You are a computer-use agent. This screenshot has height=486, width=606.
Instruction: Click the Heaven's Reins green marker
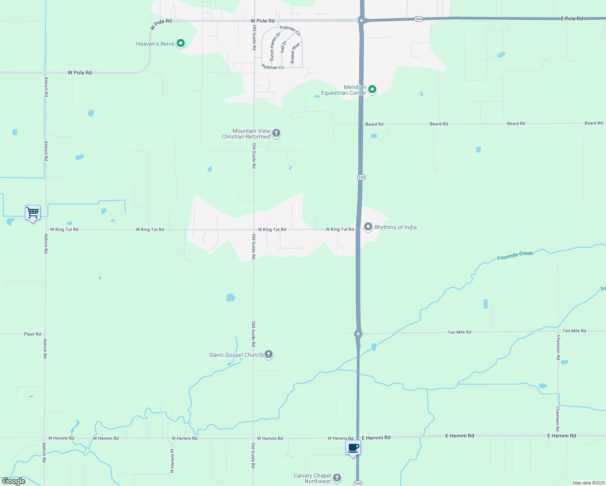[181, 43]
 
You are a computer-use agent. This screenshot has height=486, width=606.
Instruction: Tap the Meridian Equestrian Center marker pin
[372, 89]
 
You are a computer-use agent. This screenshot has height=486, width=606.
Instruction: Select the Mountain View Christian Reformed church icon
[276, 133]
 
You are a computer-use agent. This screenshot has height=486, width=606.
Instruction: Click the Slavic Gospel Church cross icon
[268, 354]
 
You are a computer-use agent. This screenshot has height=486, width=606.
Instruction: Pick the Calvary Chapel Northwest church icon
[337, 478]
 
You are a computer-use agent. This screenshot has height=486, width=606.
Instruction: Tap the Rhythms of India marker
[368, 227]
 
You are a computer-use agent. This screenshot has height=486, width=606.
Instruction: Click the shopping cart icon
[32, 212]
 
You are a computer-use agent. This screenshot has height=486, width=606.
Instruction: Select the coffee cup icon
[353, 448]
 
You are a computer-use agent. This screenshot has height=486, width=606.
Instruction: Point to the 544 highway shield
[418, 19]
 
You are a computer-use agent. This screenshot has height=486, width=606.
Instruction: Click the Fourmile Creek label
[515, 256]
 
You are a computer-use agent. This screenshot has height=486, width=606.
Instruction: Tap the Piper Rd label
[32, 334]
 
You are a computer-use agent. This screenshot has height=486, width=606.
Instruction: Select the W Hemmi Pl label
[172, 461]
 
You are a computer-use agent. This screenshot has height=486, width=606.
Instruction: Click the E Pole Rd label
[572, 19]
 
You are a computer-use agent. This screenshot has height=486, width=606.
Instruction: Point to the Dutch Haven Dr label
[275, 47]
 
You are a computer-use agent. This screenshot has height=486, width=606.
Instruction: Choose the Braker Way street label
[295, 53]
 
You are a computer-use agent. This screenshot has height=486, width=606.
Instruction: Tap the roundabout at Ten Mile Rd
[358, 334]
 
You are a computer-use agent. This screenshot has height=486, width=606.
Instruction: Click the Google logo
[14, 481]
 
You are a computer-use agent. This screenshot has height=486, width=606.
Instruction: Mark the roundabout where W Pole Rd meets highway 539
[361, 20]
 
